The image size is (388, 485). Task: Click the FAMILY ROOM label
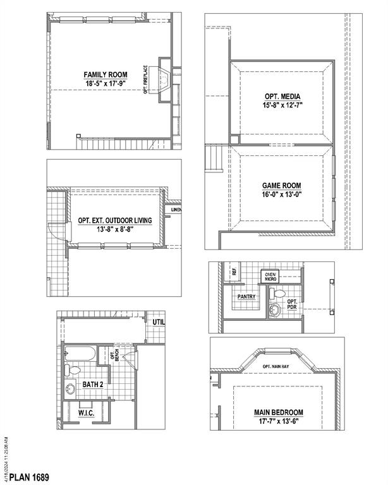(106, 73)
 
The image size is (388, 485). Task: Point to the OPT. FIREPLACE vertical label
(146, 80)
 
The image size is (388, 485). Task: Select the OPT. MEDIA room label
(281, 97)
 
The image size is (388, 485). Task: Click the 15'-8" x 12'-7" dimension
(281, 105)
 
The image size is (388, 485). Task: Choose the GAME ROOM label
(281, 186)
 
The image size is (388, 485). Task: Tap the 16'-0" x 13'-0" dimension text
(281, 195)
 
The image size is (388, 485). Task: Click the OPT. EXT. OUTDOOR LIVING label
(119, 220)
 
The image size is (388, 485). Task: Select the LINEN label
(176, 210)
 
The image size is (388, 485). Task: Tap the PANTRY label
(246, 296)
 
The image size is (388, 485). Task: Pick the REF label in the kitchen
(234, 272)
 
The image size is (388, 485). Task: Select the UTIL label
(159, 322)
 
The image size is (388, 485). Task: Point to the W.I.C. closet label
(87, 412)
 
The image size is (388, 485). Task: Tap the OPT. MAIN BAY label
(276, 366)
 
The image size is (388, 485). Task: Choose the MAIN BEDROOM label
(279, 412)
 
